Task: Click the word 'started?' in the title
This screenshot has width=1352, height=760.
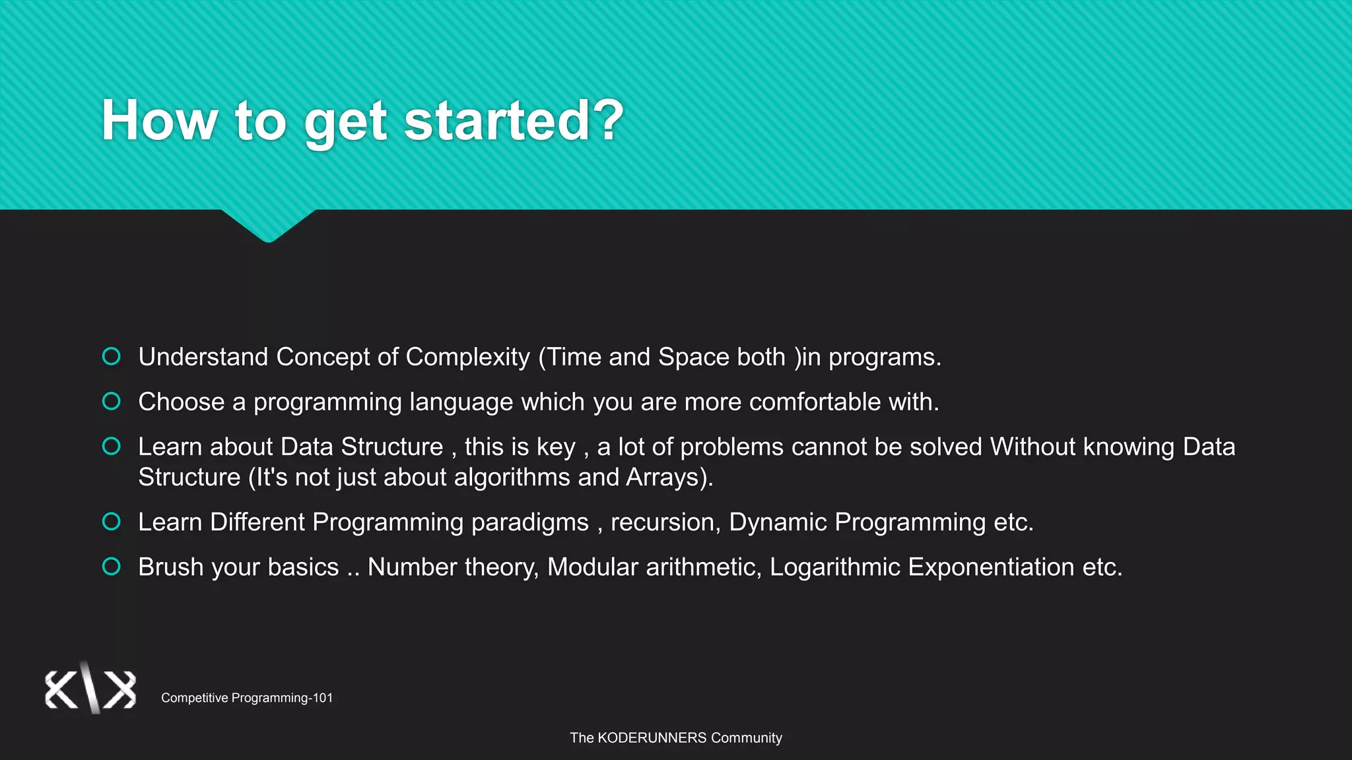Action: point(514,121)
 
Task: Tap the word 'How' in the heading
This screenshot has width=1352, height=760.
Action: point(159,121)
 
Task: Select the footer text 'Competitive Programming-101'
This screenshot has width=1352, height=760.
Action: point(247,698)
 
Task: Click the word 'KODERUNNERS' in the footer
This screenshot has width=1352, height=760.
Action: point(652,738)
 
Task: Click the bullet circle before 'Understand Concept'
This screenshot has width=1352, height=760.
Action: point(112,356)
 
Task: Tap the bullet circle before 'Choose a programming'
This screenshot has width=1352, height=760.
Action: point(112,401)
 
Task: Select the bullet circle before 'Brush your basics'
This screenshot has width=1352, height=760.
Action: point(112,566)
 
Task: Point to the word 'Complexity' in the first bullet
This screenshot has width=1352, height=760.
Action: point(467,358)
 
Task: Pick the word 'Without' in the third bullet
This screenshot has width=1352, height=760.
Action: point(1032,447)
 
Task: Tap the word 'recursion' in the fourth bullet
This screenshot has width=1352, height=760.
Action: point(663,522)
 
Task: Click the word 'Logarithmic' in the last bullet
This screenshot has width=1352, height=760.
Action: point(834,567)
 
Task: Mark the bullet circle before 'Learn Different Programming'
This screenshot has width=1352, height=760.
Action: point(112,521)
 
